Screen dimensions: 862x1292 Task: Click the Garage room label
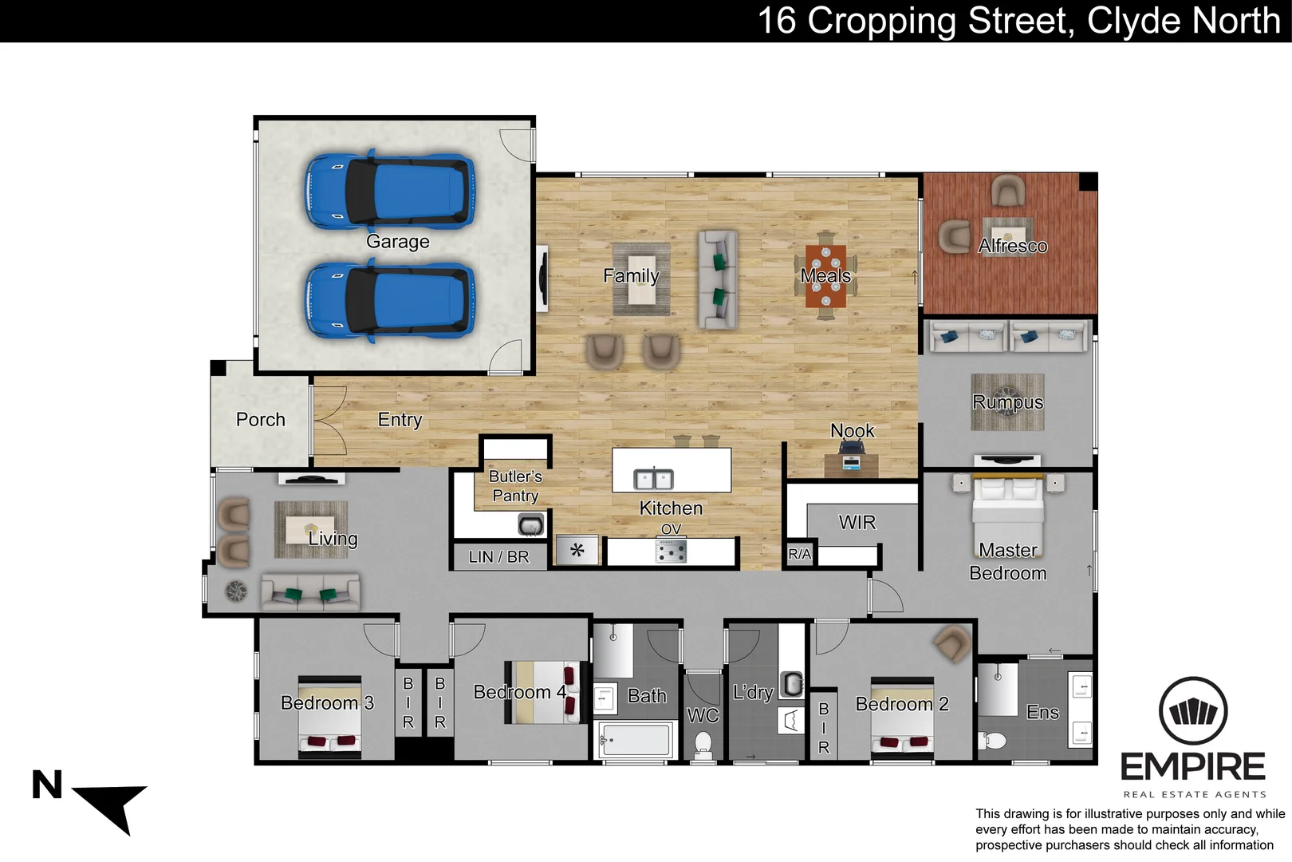397,241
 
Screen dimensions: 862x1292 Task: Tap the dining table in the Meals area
826,276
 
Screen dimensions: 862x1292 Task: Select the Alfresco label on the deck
1012,246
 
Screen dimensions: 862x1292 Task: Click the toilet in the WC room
703,745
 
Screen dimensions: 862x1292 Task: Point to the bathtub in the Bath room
636,740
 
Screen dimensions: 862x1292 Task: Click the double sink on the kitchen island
653,479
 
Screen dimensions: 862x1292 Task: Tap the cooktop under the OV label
671,551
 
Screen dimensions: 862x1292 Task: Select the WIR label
857,522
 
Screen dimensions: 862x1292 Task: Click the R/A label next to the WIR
799,554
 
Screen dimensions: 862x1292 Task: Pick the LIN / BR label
498,557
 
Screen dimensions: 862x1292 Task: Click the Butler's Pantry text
515,485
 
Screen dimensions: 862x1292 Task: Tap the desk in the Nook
852,464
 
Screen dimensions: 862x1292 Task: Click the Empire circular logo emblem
1192,710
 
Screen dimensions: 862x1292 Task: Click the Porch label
260,419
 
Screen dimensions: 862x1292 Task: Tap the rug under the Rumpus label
1007,402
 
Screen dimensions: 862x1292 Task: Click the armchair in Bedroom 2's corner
952,643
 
